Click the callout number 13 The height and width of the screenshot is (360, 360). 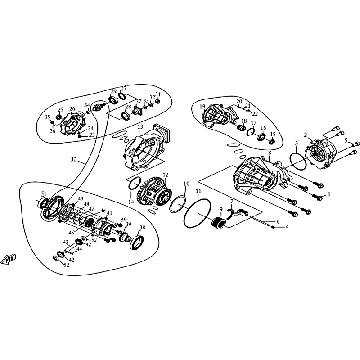pos(140,126)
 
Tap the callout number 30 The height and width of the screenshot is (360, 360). pos(73,159)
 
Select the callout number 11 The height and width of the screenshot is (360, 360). pos(198,191)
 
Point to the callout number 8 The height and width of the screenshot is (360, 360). pos(270,153)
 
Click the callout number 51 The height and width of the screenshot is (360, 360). pos(44,193)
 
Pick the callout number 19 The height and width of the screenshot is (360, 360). pos(202,107)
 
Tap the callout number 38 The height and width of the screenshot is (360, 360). pos(142,228)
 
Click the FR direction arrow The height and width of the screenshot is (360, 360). pos(8,260)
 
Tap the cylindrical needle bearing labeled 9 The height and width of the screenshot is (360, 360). pos(219,223)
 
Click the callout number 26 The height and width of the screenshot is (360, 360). pos(72,108)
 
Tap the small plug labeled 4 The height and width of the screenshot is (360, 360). pos(273,227)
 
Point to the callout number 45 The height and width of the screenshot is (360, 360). pos(72,233)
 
